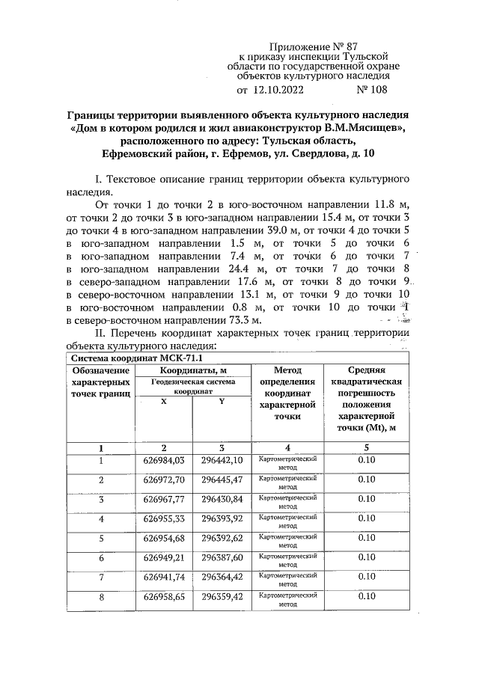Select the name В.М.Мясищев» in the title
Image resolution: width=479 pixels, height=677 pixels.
point(364,128)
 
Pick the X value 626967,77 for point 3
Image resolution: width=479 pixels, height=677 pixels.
point(164,499)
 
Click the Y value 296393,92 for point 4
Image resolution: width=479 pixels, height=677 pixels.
point(222,518)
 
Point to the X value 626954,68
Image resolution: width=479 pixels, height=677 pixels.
point(164,538)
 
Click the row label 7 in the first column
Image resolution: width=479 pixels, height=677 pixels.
point(100,577)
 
